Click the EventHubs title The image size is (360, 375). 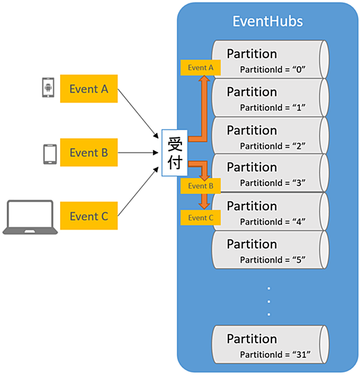[268, 21]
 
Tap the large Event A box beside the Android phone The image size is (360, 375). [89, 89]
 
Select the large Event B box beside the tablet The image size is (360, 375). [89, 152]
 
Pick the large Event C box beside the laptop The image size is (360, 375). [89, 215]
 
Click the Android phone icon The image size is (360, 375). [48, 88]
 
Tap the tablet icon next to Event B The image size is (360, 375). [50, 154]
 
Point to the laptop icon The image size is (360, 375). [30, 217]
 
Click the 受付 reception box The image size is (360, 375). [174, 153]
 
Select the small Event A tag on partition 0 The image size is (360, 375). [201, 68]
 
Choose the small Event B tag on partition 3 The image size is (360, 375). [201, 186]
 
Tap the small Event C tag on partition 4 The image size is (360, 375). [201, 218]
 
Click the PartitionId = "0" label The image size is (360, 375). [273, 69]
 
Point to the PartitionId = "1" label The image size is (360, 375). [273, 107]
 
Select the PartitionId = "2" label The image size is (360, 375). [273, 146]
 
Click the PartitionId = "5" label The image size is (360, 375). [273, 260]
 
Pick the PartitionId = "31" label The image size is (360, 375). [275, 354]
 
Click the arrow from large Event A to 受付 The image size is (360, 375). [138, 114]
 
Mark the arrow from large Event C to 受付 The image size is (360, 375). [138, 191]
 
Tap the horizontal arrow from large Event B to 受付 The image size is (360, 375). [138, 153]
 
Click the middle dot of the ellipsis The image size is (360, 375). [269, 301]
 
